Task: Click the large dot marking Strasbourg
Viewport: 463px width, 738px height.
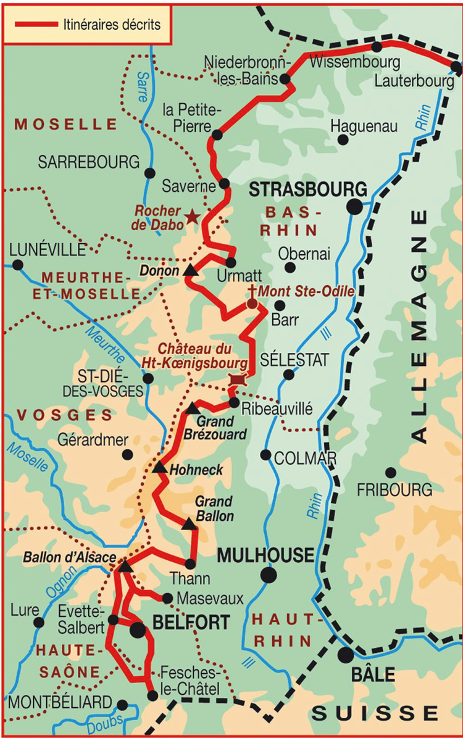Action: pyautogui.click(x=354, y=207)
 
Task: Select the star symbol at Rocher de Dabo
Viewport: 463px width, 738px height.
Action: pyautogui.click(x=193, y=217)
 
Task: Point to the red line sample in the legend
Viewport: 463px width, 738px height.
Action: pyautogui.click(x=36, y=25)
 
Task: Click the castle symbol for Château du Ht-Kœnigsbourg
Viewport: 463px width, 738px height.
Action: pyautogui.click(x=237, y=380)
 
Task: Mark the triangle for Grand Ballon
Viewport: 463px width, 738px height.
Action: pyautogui.click(x=190, y=524)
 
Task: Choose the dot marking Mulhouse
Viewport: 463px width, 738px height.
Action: pyautogui.click(x=268, y=575)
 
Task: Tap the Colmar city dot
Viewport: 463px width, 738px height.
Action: pyautogui.click(x=265, y=455)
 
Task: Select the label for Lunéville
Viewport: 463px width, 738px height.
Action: pyautogui.click(x=48, y=250)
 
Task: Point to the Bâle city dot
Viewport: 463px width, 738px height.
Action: pyautogui.click(x=345, y=655)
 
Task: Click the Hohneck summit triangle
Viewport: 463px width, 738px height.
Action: pyautogui.click(x=159, y=468)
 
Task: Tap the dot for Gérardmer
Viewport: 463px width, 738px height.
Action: pyautogui.click(x=128, y=455)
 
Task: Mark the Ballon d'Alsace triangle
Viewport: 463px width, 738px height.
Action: pyautogui.click(x=124, y=566)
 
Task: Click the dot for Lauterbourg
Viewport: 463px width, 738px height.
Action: pyautogui.click(x=456, y=66)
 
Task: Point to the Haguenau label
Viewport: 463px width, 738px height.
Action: pyautogui.click(x=364, y=126)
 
